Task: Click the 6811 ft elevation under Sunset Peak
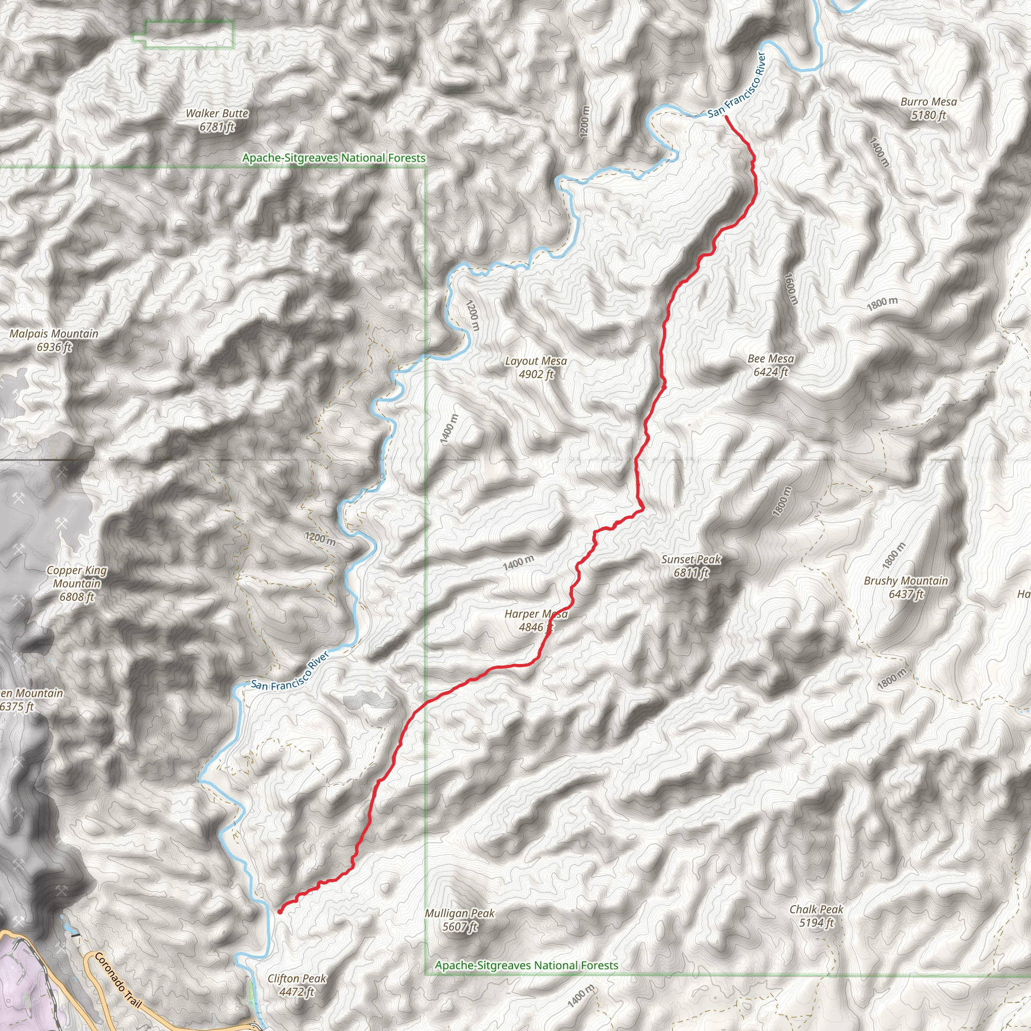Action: pyautogui.click(x=691, y=573)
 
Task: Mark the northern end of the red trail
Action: pyautogui.click(x=726, y=116)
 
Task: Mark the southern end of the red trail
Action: pyautogui.click(x=279, y=912)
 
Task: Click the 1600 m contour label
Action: pyautogui.click(x=791, y=288)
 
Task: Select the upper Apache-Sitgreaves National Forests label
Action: pyautogui.click(x=334, y=158)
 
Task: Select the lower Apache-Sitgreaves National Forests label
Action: pyautogui.click(x=526, y=966)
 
